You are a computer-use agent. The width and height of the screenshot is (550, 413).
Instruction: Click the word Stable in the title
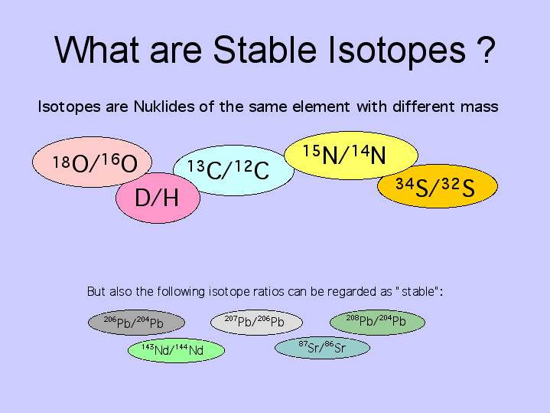click(x=265, y=50)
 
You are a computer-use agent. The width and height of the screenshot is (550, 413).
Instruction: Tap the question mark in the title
click(x=487, y=50)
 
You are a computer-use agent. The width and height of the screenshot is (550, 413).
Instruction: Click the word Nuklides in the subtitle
click(x=164, y=107)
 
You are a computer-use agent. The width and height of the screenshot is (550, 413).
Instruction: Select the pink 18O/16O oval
click(x=92, y=162)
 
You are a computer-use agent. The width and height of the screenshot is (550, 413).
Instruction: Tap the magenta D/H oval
click(x=158, y=198)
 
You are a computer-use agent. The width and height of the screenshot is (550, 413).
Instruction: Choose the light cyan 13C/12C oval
click(x=233, y=170)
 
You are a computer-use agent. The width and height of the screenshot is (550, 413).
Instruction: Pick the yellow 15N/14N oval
click(x=351, y=155)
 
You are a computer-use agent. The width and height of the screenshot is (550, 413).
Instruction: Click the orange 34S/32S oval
click(x=438, y=186)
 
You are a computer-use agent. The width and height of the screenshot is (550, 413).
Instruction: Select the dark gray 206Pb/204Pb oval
click(x=136, y=323)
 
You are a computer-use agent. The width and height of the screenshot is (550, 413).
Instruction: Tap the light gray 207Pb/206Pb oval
click(x=256, y=322)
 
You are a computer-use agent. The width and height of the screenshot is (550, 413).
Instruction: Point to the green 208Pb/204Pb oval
click(x=377, y=322)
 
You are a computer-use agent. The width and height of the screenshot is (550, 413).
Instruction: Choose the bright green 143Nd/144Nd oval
click(x=176, y=350)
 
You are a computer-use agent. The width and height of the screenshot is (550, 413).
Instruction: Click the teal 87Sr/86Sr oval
click(x=322, y=348)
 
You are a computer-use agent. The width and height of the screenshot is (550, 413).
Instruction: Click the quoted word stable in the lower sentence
click(x=418, y=292)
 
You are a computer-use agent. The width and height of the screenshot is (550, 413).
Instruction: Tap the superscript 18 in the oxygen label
click(x=61, y=162)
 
